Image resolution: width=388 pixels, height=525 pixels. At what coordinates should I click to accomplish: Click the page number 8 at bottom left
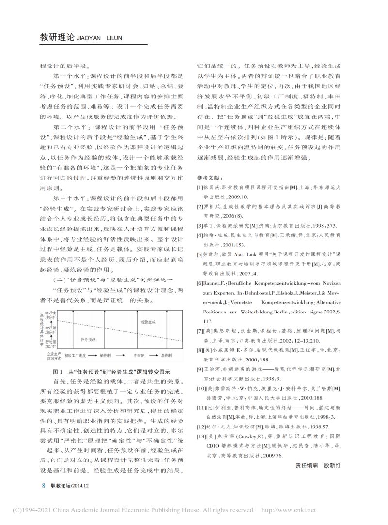coord(44,485)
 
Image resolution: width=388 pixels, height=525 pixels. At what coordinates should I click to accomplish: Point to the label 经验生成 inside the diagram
coord(148,322)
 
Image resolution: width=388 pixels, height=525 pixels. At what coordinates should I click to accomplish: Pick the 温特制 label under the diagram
coord(175,355)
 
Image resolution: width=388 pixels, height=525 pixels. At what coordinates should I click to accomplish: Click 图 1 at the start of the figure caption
coord(56,371)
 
